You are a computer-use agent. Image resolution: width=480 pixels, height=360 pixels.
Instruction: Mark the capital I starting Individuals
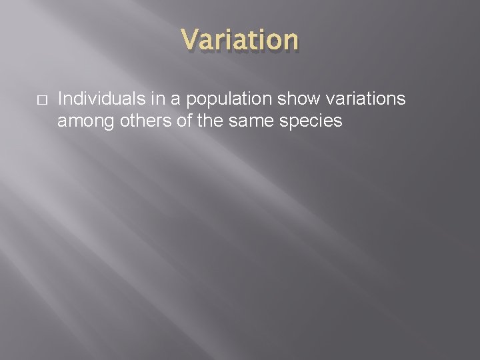tap(61, 100)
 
